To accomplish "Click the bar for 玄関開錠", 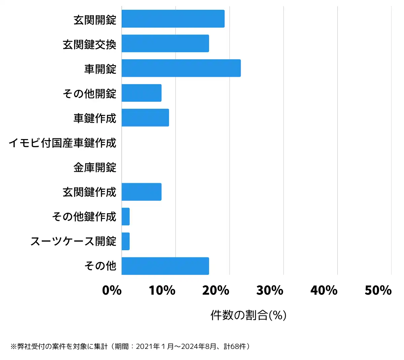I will point(173,19).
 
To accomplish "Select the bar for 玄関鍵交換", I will point(165,43).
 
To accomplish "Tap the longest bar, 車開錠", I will point(181,68).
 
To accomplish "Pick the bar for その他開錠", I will point(141,93).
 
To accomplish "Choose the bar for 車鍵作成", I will point(145,118).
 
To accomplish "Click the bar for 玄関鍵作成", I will point(141,192).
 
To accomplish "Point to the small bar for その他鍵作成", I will point(126,217).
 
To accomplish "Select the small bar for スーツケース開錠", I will point(126,241).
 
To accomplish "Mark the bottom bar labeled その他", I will point(165,266).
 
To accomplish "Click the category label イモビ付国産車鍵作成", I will point(63,143).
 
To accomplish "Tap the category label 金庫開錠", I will point(95,167).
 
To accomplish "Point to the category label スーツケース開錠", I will point(73,241).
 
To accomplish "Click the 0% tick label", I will point(112,290).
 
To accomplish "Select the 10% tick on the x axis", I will point(162,290).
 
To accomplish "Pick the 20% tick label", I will point(216,290).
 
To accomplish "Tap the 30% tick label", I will point(270,290).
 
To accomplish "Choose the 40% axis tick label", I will point(324,290).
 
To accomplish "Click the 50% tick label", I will point(378,290).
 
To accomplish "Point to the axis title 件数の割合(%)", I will point(248,315).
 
